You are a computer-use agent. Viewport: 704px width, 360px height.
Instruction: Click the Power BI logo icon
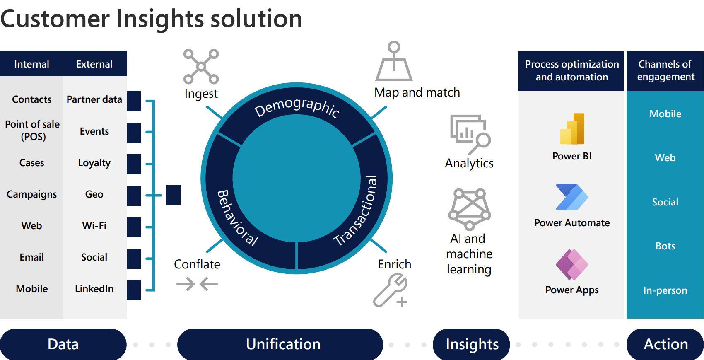pos(572,129)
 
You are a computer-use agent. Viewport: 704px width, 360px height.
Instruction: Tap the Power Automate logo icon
pos(572,197)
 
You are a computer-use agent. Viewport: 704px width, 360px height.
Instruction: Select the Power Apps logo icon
pos(572,264)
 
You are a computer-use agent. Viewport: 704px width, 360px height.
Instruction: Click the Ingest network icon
pos(201,66)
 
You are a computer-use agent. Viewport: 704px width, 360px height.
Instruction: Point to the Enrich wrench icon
pos(391,291)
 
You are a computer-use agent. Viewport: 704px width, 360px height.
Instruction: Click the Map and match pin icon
pos(394,62)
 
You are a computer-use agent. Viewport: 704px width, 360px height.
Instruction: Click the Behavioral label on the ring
pos(237,218)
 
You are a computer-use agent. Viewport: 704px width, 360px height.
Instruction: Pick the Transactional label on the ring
pos(356,211)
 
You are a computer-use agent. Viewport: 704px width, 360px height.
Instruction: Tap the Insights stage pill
pos(472,344)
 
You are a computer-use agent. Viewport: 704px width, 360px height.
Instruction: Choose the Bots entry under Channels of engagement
pos(665,246)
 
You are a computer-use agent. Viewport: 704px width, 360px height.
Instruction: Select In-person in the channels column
pos(665,290)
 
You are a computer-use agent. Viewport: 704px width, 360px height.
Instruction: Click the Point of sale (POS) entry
pos(32,130)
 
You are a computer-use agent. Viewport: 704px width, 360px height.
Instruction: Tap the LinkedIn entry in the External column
pos(94,289)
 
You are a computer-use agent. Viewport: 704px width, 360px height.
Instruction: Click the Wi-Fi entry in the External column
pos(94,226)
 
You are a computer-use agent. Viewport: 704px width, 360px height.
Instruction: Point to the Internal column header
pos(31,64)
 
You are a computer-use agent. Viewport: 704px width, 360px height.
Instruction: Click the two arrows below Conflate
pos(197,284)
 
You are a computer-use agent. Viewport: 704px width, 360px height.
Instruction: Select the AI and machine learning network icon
pos(470,209)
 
